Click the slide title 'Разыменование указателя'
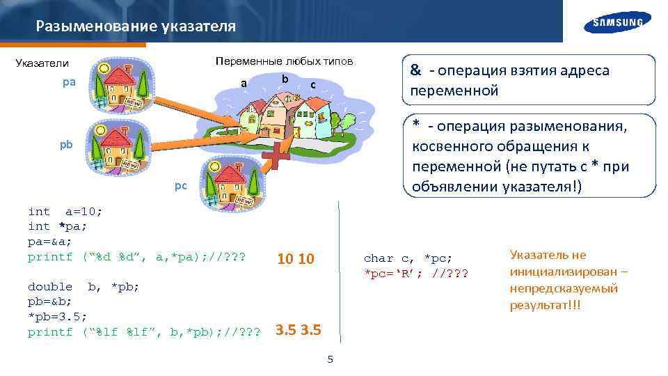click(x=136, y=26)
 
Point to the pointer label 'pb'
click(x=65, y=146)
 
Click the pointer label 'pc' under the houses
click(x=180, y=187)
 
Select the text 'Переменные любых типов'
click(x=284, y=61)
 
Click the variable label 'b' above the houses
click(x=285, y=77)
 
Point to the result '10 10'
click(x=296, y=260)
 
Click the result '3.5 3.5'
click(x=298, y=329)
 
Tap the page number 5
click(x=331, y=359)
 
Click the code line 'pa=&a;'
click(x=49, y=242)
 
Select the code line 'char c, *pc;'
click(x=408, y=258)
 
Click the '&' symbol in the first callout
click(x=415, y=70)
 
